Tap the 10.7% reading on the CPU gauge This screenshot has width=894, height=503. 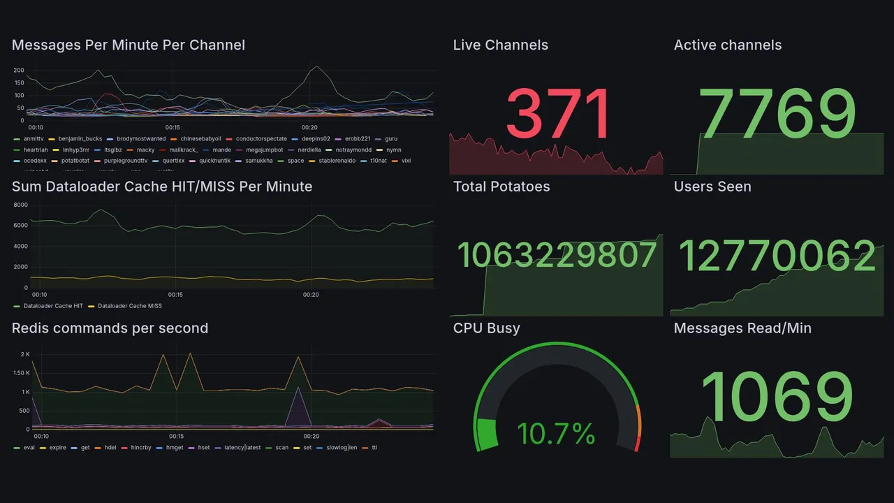click(x=556, y=434)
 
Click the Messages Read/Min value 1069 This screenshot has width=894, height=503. click(x=777, y=397)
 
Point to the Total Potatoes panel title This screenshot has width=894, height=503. click(x=501, y=187)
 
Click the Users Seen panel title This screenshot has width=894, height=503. click(x=712, y=187)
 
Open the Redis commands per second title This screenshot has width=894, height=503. click(x=110, y=328)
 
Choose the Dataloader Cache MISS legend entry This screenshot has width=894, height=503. click(x=129, y=306)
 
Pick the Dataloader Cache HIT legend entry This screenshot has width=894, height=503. click(x=53, y=306)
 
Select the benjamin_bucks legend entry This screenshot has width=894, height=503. click(x=80, y=139)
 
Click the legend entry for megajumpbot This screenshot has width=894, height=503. click(x=264, y=150)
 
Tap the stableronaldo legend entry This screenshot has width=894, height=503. click(x=337, y=161)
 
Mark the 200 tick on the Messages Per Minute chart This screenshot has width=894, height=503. click(x=19, y=71)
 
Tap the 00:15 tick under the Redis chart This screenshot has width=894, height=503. click(x=175, y=437)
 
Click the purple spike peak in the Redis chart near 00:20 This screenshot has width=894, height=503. click(x=299, y=388)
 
